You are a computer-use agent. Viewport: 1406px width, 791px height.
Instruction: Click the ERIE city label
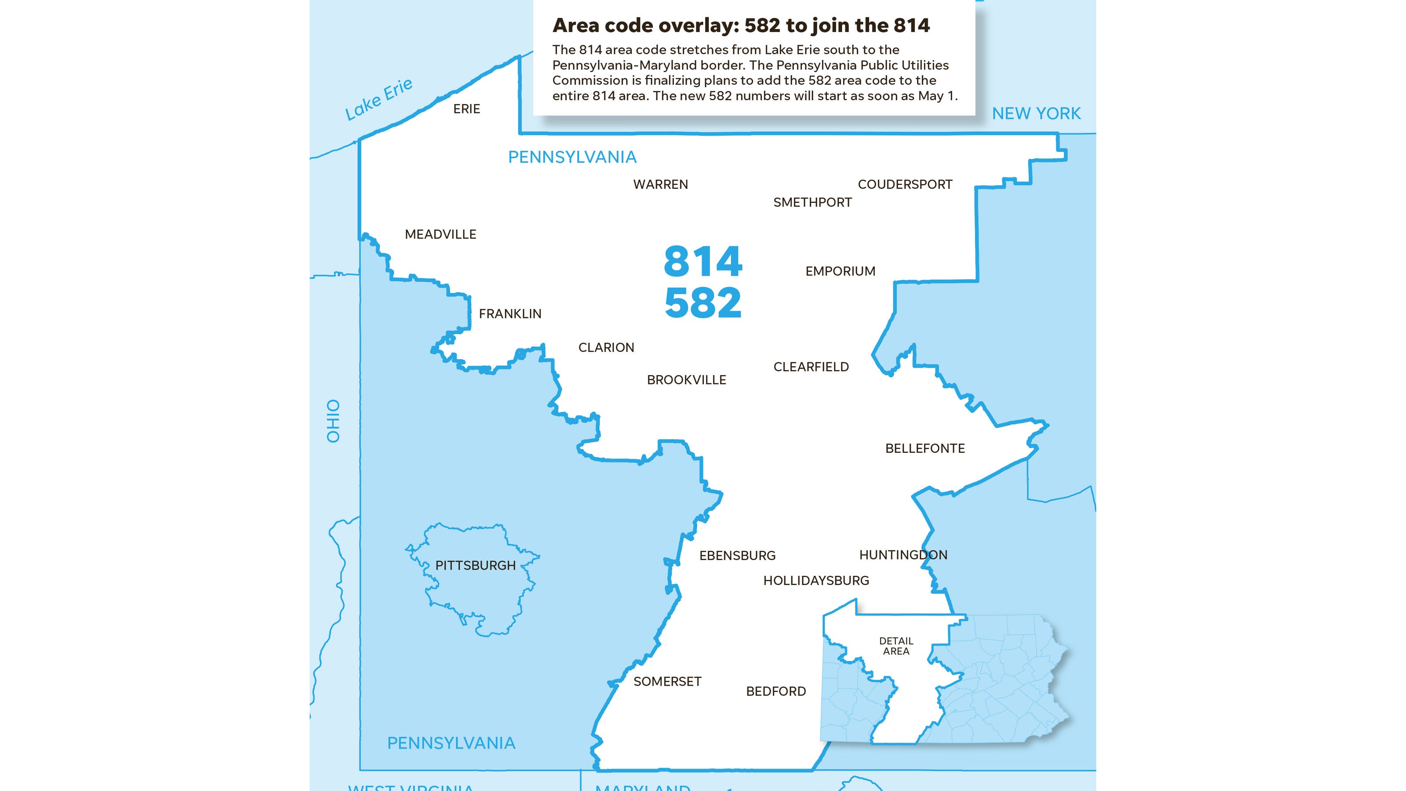tap(467, 109)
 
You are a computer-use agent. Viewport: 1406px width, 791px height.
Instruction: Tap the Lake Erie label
tap(379, 99)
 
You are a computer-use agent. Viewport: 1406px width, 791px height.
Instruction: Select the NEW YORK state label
tap(1036, 113)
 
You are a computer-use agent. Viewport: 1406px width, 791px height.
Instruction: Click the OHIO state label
tap(333, 421)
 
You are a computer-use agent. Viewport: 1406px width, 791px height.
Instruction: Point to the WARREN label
tap(660, 184)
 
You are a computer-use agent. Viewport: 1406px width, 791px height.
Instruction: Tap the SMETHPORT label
tap(812, 202)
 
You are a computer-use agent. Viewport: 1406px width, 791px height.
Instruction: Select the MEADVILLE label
tap(440, 235)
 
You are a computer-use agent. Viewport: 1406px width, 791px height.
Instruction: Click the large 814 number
tap(703, 262)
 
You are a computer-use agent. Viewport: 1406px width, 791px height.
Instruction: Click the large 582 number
tap(703, 303)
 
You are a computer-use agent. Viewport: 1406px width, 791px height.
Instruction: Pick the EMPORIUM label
tap(840, 271)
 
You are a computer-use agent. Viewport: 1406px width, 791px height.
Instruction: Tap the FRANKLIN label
tap(510, 314)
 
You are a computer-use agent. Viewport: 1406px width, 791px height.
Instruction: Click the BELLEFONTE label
tap(924, 448)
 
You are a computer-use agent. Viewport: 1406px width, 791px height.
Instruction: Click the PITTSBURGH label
tap(475, 566)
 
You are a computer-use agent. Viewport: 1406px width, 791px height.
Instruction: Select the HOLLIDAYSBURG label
tap(816, 581)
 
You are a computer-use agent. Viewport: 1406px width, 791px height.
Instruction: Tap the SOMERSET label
tap(667, 681)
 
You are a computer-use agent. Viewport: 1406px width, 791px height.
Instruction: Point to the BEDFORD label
tap(775, 691)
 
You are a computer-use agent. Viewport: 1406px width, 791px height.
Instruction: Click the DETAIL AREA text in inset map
tap(896, 646)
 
